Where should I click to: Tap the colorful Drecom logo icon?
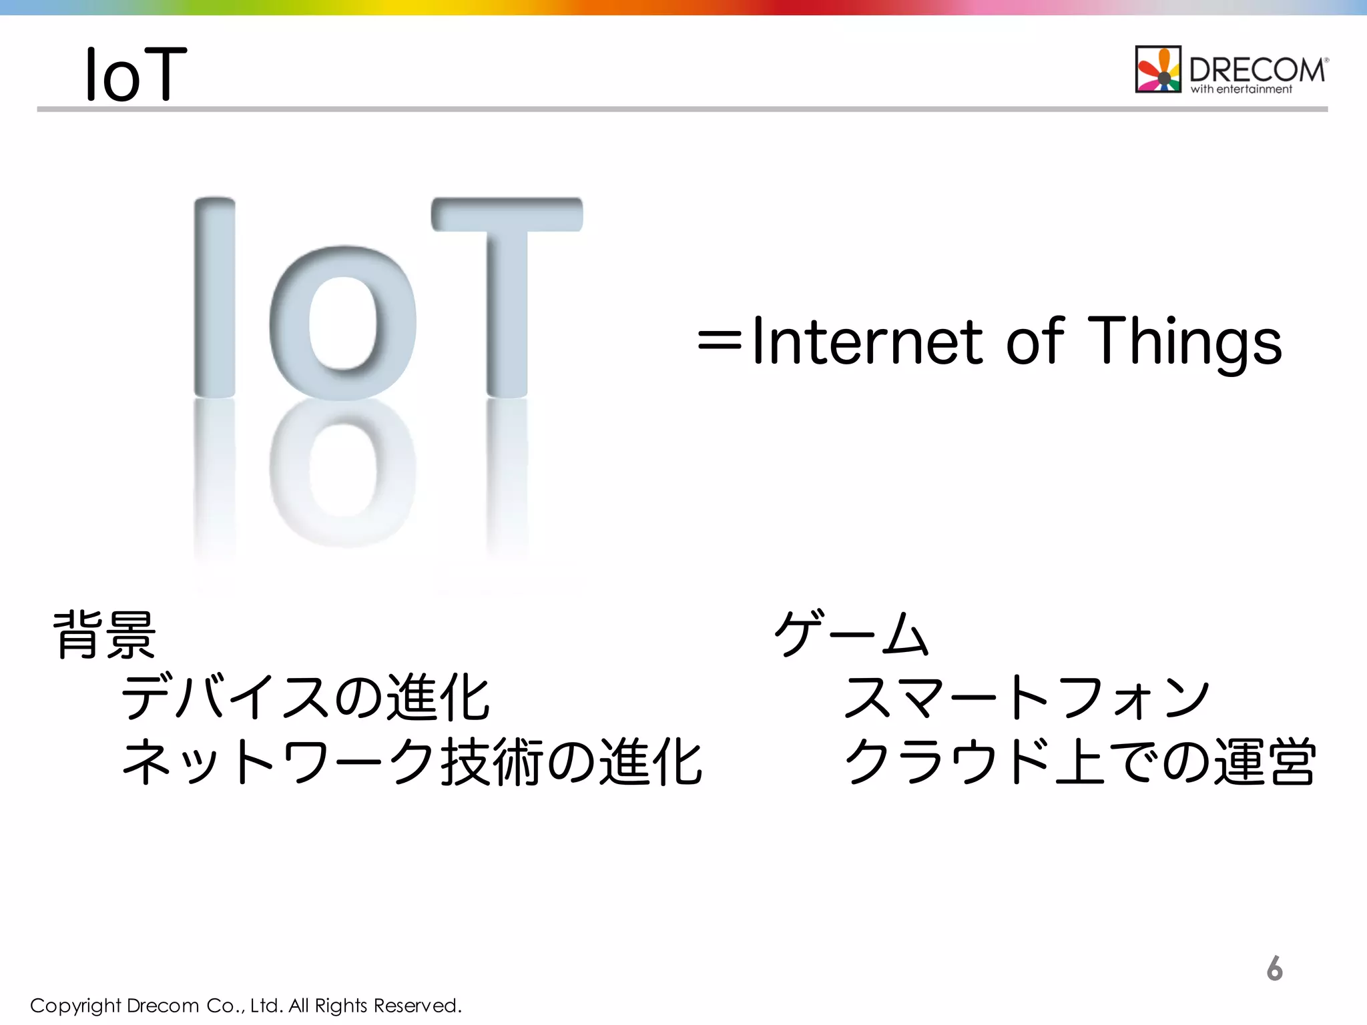[x=1158, y=69]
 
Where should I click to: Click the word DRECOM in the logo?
[x=1257, y=69]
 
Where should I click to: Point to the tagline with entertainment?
[x=1241, y=89]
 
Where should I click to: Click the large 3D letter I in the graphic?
[x=214, y=297]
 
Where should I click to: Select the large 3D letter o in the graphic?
[x=342, y=324]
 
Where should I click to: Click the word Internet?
[x=867, y=342]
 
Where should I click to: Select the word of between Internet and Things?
[x=1035, y=342]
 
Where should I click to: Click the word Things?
[x=1185, y=342]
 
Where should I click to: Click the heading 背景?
[x=105, y=635]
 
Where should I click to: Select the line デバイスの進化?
[x=306, y=697]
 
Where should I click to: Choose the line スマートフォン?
[x=1027, y=697]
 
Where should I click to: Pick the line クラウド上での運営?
[x=1079, y=761]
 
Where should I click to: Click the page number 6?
[x=1274, y=968]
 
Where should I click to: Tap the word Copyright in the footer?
[x=75, y=1006]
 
